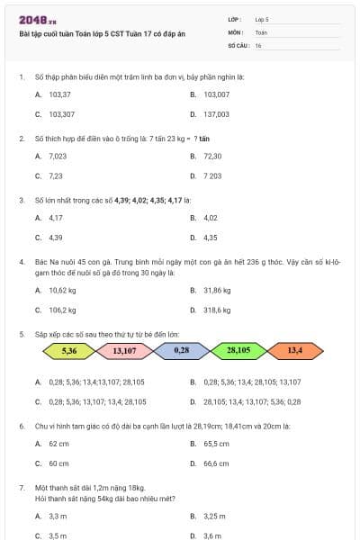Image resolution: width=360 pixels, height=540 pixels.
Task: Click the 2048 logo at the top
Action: click(33, 19)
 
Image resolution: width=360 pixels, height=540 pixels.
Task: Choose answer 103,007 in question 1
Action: click(216, 94)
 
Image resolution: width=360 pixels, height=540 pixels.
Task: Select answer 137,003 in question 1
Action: click(216, 114)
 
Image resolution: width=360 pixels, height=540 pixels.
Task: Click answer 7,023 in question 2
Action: click(58, 156)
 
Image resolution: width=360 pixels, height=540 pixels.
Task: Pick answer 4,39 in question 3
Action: click(56, 238)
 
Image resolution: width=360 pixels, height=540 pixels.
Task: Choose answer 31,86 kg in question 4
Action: click(217, 290)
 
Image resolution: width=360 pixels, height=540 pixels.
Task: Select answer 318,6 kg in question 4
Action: click(217, 310)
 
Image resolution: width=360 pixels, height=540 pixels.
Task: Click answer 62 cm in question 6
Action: click(58, 444)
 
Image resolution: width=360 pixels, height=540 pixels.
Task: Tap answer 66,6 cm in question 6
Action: click(216, 463)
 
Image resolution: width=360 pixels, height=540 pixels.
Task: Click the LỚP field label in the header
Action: click(235, 18)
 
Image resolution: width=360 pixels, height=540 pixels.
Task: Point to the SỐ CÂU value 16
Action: click(258, 45)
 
